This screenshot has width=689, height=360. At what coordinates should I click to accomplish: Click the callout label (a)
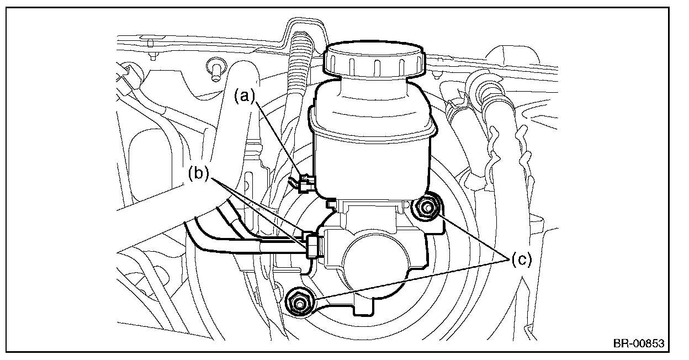(245, 96)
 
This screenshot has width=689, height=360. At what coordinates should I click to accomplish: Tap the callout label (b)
(199, 173)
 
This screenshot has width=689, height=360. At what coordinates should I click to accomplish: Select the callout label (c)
(522, 260)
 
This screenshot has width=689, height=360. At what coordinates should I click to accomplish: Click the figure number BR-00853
(639, 343)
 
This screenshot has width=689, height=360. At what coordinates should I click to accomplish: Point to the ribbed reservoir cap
(374, 60)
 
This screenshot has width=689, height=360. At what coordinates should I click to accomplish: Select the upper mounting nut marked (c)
(427, 209)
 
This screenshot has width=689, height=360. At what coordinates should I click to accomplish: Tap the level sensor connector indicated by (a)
(306, 183)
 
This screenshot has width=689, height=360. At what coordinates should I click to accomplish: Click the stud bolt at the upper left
(216, 70)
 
